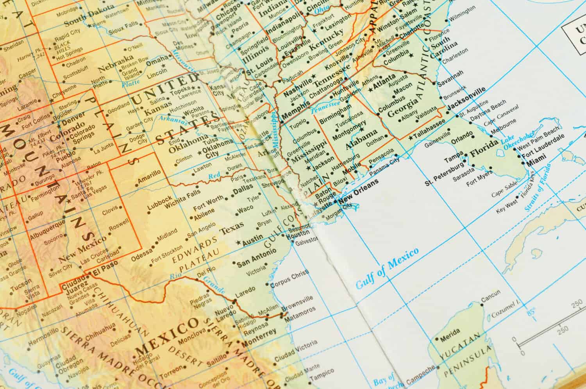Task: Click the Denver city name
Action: coord(73,116)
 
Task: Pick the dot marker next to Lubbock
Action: coord(148,213)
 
